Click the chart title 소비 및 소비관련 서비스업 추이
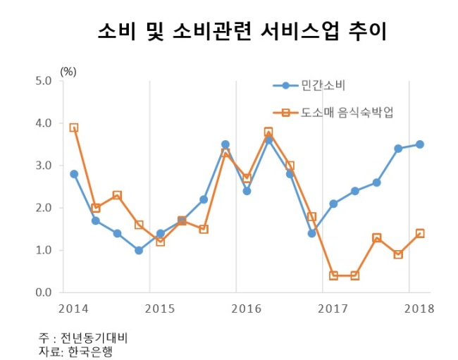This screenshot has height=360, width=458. tap(242, 32)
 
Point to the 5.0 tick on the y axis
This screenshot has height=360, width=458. tap(44, 81)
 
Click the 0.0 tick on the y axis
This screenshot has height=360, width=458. tap(44, 292)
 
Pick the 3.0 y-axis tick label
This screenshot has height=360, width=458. tap(44, 166)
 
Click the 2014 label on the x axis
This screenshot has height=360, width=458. tap(73, 309)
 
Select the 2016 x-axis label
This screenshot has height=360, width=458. tap(246, 309)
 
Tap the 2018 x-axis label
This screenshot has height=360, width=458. tap(419, 309)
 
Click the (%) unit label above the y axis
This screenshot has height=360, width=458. tap(68, 71)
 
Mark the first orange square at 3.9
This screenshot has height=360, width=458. tap(74, 128)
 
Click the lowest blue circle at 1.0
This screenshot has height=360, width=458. tap(139, 250)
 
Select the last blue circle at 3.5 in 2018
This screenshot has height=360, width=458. tap(420, 144)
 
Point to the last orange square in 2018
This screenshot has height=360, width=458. tap(420, 233)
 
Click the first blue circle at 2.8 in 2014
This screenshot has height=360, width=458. tap(74, 174)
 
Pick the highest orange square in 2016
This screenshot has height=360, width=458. tap(268, 132)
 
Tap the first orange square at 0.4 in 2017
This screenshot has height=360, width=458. tap(333, 275)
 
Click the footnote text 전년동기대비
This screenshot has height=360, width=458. tap(94, 338)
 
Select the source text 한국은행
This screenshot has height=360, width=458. tap(91, 352)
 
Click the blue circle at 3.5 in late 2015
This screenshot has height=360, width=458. tap(225, 144)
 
